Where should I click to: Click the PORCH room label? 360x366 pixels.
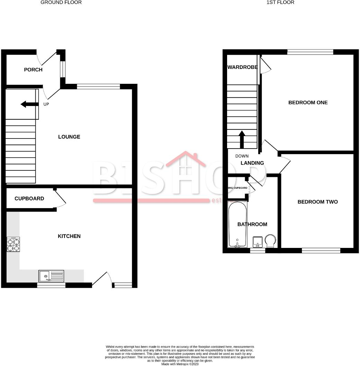(33, 70)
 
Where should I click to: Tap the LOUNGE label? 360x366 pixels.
(69, 137)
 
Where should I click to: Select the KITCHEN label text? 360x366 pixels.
(69, 236)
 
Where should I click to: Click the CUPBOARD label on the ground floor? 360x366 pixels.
(29, 199)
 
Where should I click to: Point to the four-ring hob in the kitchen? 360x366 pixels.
(13, 244)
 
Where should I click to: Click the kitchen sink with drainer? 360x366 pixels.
(52, 276)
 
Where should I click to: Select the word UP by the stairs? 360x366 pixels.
(46, 104)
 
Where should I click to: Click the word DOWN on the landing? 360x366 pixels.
(242, 156)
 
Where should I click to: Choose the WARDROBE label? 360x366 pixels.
(242, 67)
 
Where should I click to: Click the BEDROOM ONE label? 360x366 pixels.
(308, 102)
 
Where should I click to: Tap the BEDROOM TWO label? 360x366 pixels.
(317, 202)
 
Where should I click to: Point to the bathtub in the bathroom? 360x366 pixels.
(237, 224)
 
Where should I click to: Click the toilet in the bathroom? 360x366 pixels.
(270, 241)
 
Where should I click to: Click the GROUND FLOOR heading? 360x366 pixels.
(61, 2)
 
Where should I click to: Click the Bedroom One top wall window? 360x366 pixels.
(310, 52)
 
